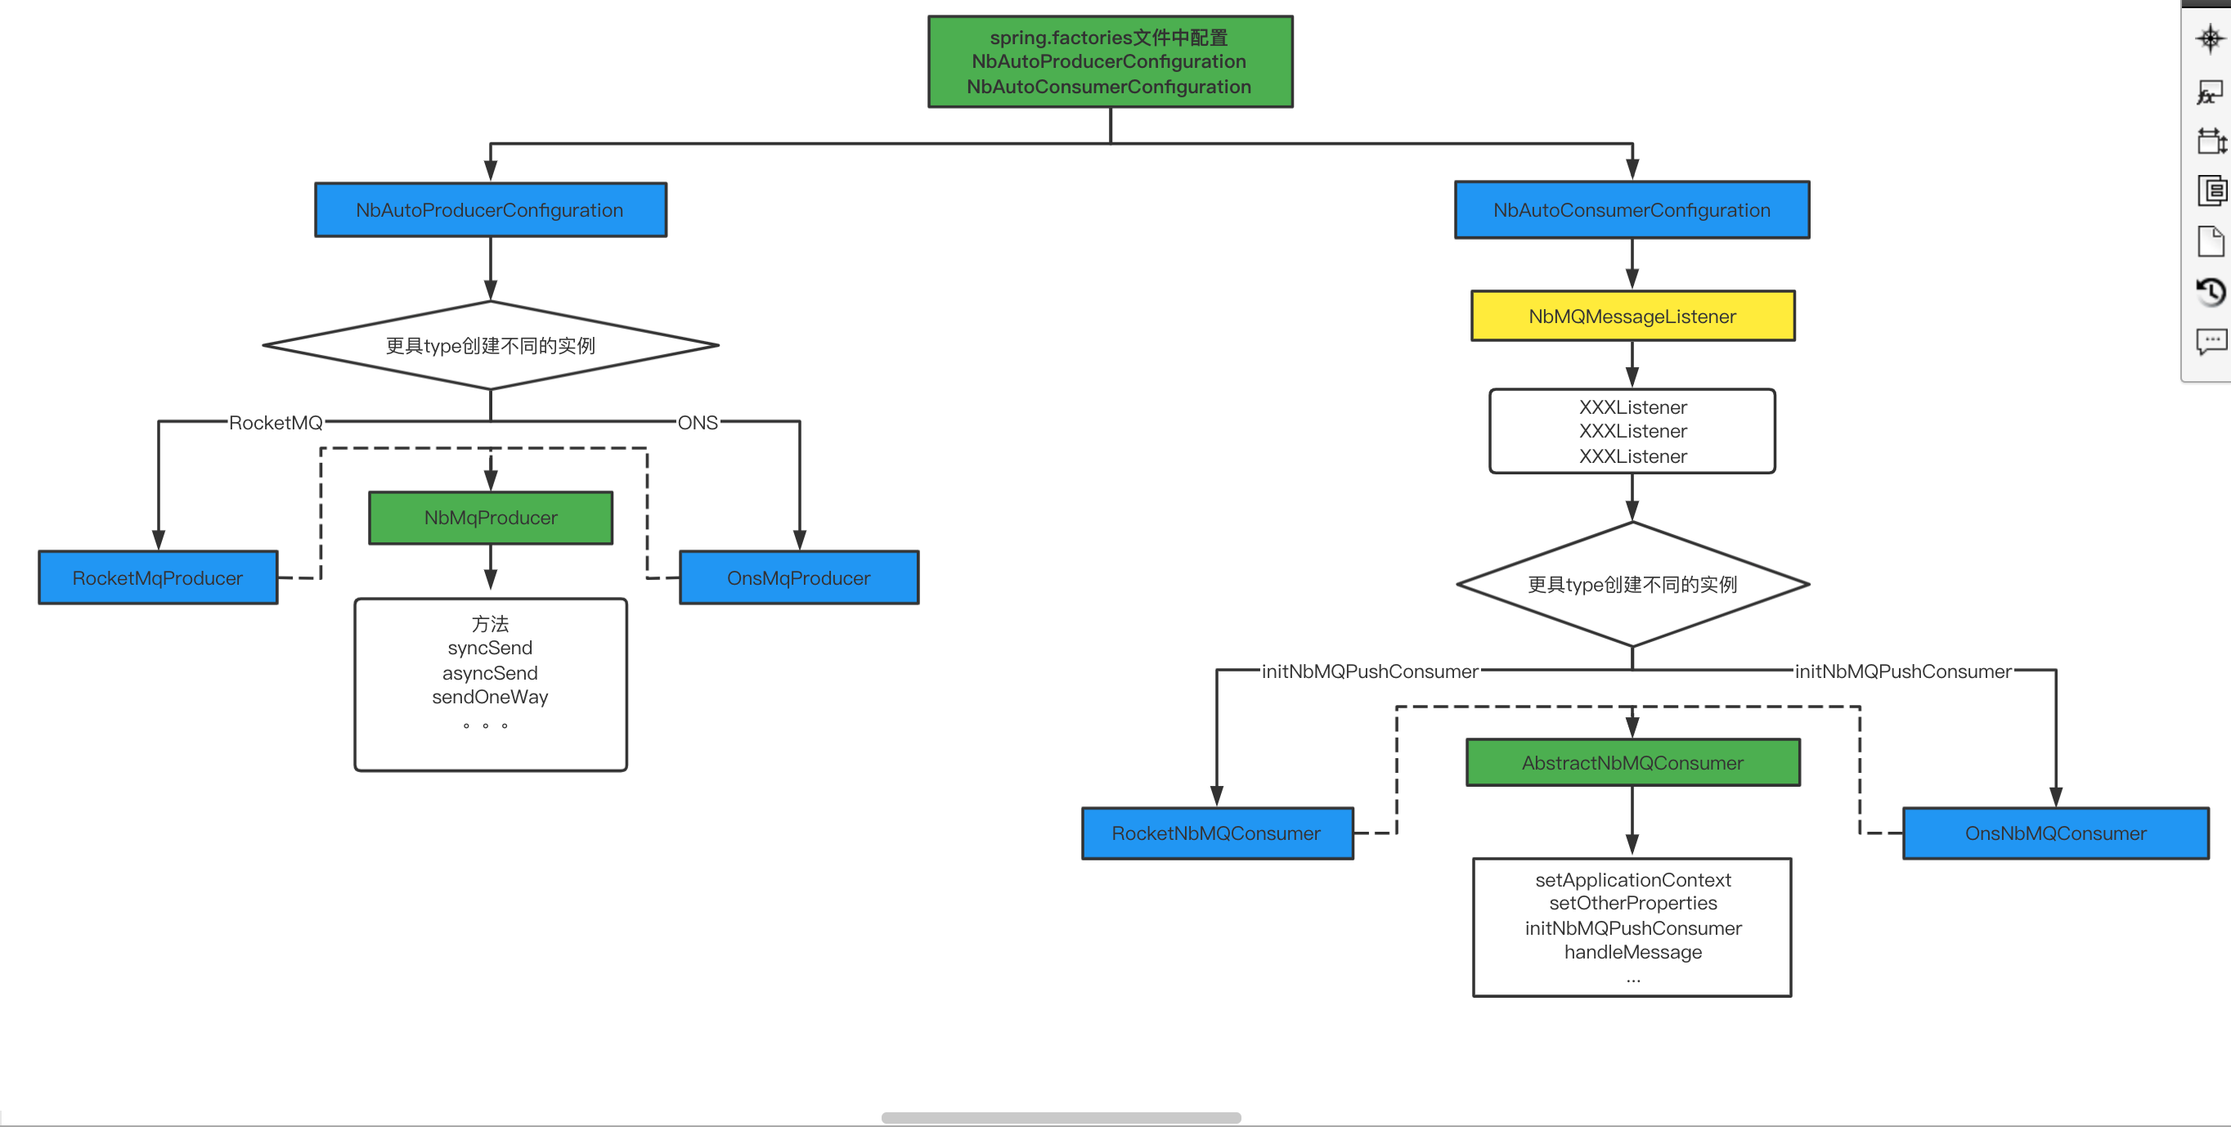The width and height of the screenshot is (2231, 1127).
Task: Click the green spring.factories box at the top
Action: point(1110,61)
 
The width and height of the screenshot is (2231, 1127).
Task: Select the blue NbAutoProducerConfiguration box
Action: point(490,209)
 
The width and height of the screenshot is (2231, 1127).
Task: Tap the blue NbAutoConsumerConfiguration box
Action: point(1632,209)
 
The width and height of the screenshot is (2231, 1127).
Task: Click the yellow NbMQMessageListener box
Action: point(1632,317)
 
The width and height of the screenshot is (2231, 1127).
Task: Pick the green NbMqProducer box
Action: point(490,518)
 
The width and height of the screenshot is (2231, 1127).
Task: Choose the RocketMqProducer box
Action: point(158,577)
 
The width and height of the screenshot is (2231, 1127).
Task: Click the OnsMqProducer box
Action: point(798,577)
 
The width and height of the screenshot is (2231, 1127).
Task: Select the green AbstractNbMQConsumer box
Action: point(1632,762)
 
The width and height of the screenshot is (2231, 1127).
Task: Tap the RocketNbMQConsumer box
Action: point(1217,833)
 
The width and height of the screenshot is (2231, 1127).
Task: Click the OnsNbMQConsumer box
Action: point(2055,833)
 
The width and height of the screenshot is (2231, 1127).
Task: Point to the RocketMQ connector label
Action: point(276,423)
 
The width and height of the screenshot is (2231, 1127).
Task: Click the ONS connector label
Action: point(697,423)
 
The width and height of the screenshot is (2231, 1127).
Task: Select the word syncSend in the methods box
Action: point(490,648)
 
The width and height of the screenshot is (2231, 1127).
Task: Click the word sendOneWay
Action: point(490,698)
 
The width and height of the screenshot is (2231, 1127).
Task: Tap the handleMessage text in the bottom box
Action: point(1632,952)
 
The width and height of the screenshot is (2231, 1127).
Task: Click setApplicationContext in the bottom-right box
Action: point(1632,880)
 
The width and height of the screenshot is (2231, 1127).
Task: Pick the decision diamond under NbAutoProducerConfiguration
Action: point(490,346)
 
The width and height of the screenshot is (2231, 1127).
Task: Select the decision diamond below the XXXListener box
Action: point(1632,585)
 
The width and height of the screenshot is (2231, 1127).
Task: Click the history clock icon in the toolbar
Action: point(2211,292)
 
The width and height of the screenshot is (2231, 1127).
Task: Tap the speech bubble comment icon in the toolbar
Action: point(2211,341)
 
